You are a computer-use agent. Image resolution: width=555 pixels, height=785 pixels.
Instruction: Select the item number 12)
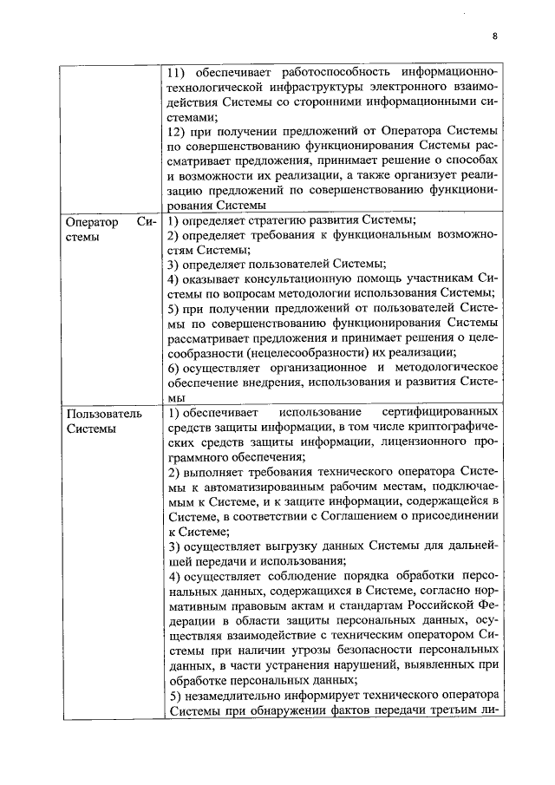pos(178,131)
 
